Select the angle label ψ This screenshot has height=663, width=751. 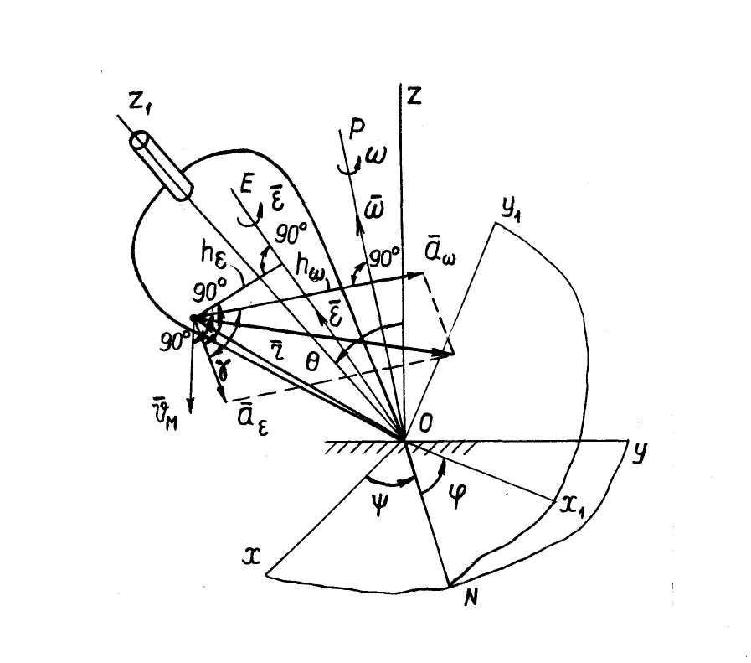(380, 506)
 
